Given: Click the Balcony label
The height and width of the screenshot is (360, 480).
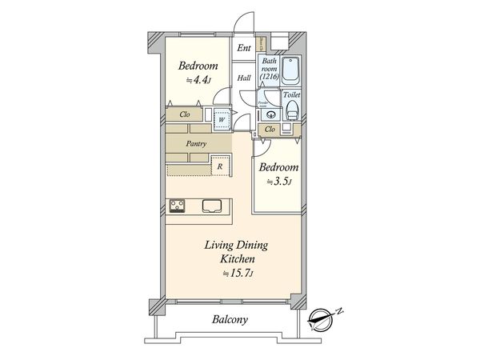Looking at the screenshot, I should (230, 320).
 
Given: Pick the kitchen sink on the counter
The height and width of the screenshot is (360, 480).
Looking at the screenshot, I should (213, 205).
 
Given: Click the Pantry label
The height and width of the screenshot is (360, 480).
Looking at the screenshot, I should (197, 143).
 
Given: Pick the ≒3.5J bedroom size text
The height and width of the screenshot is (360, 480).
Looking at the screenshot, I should (278, 182).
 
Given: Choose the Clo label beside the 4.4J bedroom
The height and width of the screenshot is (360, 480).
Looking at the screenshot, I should (185, 114).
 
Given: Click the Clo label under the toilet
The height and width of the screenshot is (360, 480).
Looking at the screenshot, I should (270, 129).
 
